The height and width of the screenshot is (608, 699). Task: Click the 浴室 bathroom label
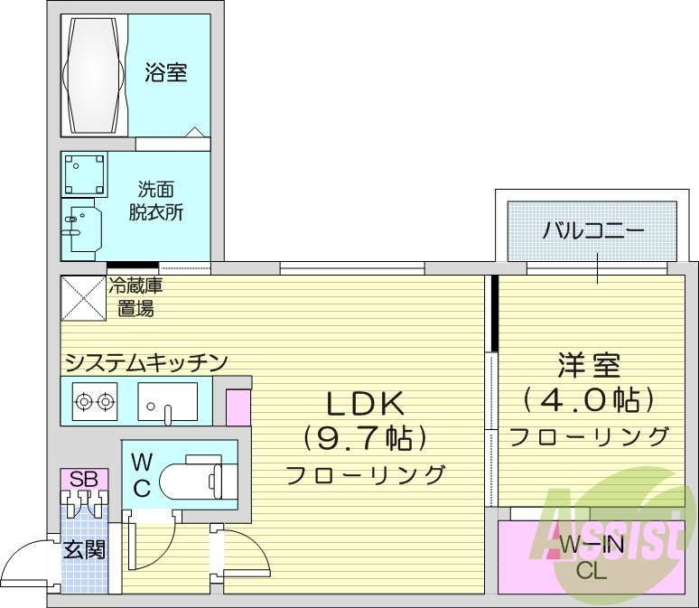click(x=165, y=72)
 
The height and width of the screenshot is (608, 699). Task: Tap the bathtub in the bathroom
click(x=94, y=72)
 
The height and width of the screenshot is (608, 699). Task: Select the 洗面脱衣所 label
click(x=160, y=201)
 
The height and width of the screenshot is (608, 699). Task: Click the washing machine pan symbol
click(x=85, y=174)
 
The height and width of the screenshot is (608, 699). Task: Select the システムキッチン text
click(x=144, y=362)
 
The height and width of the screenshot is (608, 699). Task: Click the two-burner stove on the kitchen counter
click(x=95, y=400)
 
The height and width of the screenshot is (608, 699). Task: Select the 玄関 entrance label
click(x=84, y=548)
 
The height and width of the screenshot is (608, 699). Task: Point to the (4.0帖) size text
click(x=588, y=398)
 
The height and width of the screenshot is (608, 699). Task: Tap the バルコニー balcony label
click(x=593, y=230)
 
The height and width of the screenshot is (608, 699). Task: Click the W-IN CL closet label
click(x=592, y=557)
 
